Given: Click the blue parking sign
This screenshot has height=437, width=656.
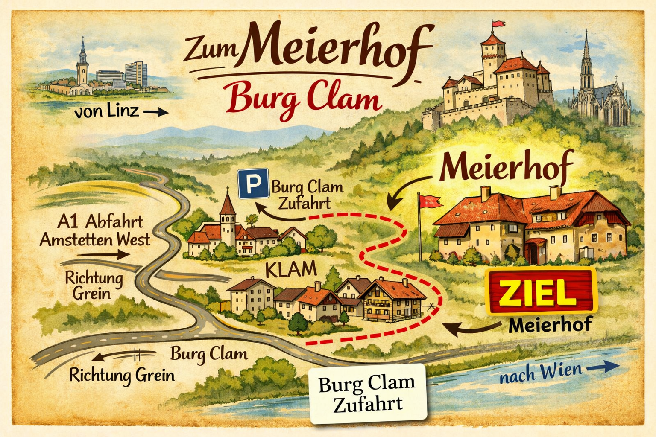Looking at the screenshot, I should click(x=253, y=184).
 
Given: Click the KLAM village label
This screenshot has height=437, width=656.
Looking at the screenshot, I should click(x=291, y=270).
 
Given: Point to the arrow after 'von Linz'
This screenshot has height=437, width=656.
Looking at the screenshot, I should click(x=156, y=113).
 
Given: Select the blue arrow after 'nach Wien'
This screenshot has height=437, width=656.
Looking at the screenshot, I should click(x=603, y=367).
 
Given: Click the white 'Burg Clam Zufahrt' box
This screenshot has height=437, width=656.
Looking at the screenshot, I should click(x=368, y=393).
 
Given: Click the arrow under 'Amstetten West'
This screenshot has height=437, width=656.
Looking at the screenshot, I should click(x=104, y=255).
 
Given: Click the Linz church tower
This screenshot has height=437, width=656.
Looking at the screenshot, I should click(x=82, y=60).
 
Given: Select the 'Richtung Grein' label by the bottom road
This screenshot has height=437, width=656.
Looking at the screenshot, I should click(x=122, y=376).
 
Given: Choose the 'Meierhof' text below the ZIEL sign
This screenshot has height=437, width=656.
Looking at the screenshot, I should click(x=550, y=325).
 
